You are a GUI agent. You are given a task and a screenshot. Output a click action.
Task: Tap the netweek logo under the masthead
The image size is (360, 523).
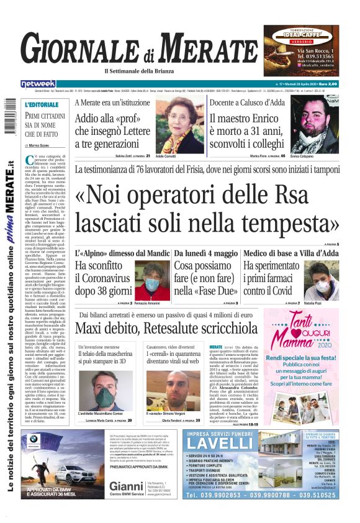[x=38, y=83]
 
